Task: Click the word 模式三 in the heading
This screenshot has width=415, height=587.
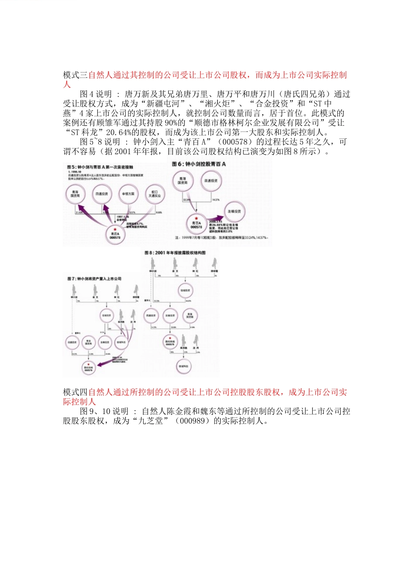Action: (75, 75)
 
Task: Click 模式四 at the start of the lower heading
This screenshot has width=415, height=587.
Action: (75, 392)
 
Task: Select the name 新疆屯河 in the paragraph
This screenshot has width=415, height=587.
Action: (163, 104)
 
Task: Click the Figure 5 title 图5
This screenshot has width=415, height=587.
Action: (73, 167)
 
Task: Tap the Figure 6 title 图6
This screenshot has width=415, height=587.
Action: (177, 164)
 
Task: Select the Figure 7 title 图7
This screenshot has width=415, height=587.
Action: (73, 279)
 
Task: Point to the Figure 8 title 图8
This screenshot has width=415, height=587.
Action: (150, 253)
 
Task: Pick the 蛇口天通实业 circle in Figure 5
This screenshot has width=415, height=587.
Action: (154, 194)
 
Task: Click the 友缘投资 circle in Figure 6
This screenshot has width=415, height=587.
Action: (234, 211)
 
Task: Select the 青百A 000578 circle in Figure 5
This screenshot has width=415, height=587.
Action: (115, 235)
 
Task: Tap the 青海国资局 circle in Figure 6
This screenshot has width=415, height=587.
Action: (182, 180)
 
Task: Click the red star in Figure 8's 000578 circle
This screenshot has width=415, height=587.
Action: (170, 337)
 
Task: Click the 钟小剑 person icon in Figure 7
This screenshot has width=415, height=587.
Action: (75, 290)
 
